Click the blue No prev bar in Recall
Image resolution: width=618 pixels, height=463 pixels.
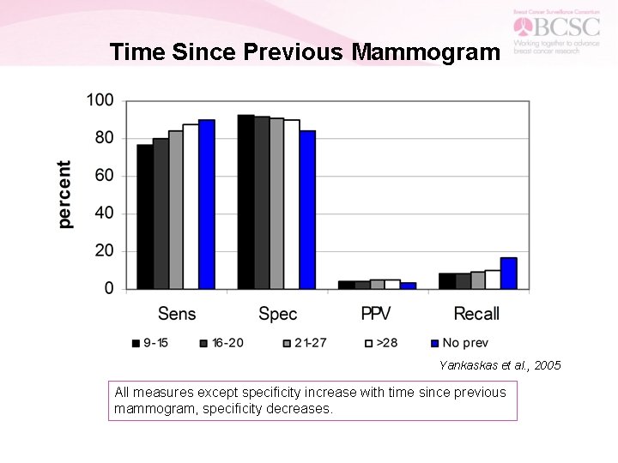[x=508, y=273]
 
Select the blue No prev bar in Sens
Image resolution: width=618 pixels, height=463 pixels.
[x=206, y=204]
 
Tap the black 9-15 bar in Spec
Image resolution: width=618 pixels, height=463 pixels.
[x=245, y=201]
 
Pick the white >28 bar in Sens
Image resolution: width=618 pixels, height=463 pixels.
[x=191, y=207]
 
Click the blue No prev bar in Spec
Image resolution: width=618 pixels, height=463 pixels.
[x=307, y=209]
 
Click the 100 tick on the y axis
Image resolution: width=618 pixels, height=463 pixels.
[x=100, y=100]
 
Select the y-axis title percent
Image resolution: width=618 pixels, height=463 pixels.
[x=65, y=195]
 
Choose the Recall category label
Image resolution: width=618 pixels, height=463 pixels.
[x=476, y=314]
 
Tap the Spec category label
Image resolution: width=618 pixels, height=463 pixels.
[x=277, y=314]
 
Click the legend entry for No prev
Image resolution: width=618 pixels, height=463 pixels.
[x=460, y=343]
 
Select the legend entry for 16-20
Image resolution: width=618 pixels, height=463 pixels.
[x=221, y=343]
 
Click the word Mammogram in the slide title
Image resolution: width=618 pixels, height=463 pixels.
[x=426, y=52]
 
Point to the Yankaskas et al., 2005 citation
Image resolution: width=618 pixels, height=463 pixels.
[x=500, y=365]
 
